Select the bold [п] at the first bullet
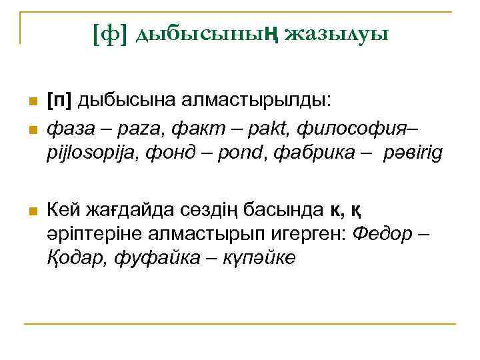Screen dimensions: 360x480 tap(57, 101)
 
